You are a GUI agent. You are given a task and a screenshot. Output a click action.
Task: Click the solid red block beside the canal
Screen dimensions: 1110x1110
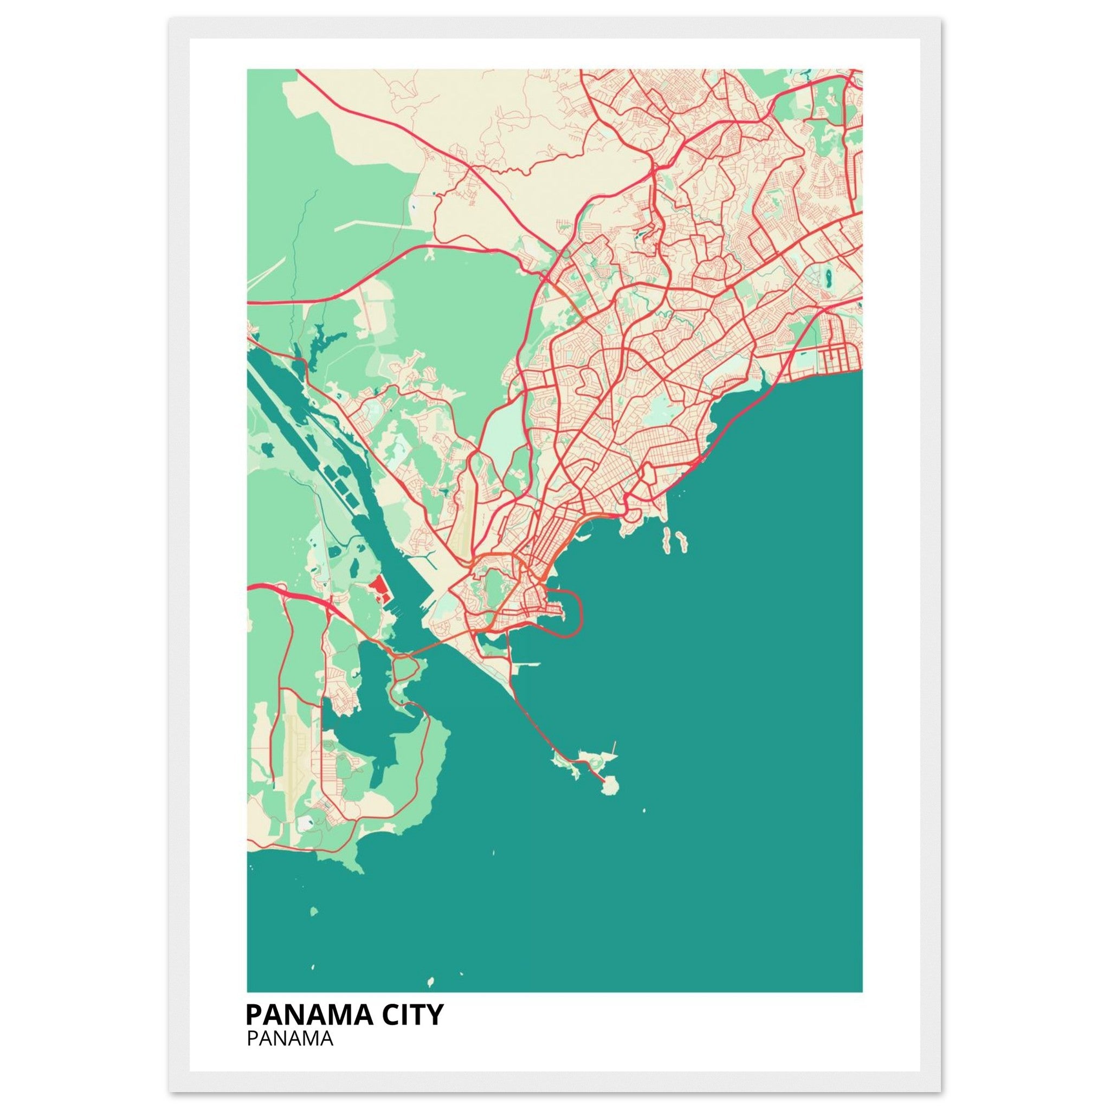(377, 588)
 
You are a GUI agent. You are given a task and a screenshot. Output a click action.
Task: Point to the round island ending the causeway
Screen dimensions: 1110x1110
(610, 785)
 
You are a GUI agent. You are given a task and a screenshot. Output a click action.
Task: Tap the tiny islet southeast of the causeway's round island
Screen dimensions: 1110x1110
(643, 811)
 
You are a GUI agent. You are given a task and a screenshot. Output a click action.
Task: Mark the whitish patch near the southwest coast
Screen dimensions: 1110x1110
(307, 823)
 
